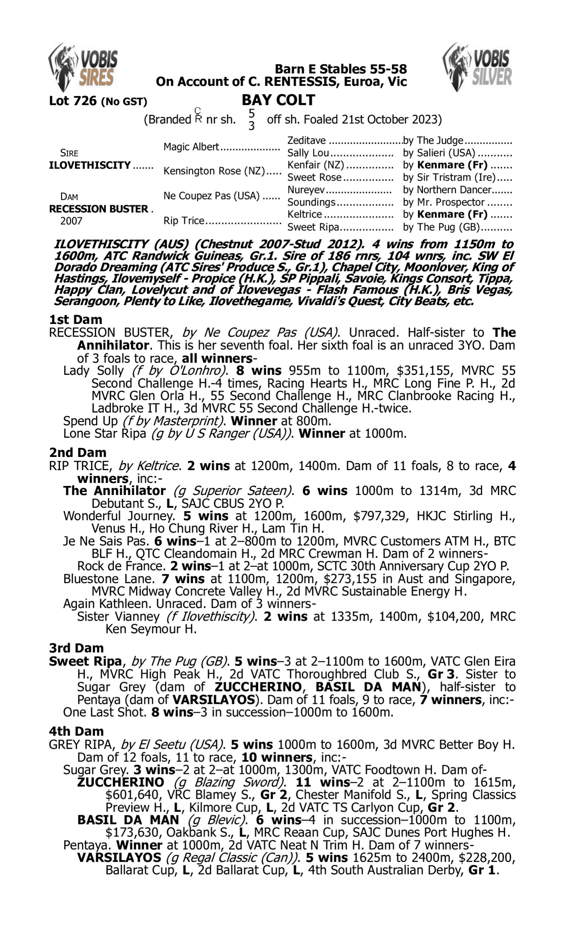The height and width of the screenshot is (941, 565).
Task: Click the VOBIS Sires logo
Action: point(83,67)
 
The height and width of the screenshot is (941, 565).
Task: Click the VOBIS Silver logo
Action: point(478,67)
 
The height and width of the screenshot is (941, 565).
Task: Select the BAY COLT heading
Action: point(278,100)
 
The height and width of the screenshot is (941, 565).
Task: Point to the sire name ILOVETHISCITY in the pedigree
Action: point(90,166)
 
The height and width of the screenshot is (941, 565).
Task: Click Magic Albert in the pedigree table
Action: point(191,147)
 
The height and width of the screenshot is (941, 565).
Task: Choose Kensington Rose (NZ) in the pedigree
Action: point(214,171)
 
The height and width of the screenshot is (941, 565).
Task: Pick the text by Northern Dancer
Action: point(447,190)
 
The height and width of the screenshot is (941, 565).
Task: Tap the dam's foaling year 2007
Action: point(71,221)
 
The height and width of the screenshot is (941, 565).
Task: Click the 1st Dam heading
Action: point(76,320)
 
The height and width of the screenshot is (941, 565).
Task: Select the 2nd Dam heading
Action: point(77,453)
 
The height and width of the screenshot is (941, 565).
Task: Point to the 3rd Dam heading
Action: point(76,648)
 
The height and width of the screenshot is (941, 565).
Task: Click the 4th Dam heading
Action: point(76,731)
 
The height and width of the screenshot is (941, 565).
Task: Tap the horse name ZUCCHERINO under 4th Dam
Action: point(121,782)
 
